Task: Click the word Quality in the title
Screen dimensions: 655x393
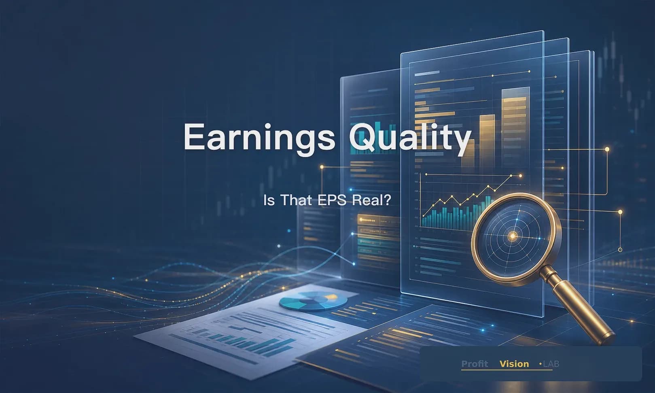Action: coord(410,138)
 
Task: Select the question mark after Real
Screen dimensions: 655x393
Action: coord(388,200)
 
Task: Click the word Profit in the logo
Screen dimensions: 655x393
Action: coord(475,364)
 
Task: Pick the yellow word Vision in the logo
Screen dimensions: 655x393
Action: coord(514,364)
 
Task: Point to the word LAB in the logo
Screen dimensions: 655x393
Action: coord(551,364)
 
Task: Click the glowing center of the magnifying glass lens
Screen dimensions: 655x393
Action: coord(513,236)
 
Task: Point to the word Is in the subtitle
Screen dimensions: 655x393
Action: coord(269,201)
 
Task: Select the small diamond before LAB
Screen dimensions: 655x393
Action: coord(540,364)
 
